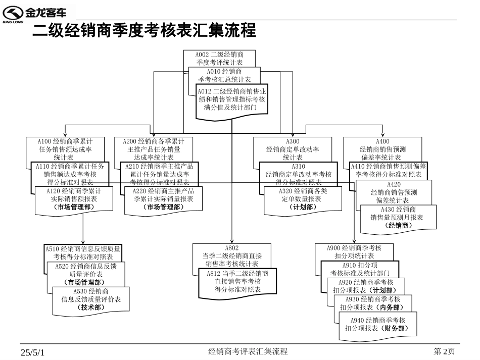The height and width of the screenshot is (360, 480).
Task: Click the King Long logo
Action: (x=38, y=14)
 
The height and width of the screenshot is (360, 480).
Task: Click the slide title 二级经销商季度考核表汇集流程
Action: (x=144, y=31)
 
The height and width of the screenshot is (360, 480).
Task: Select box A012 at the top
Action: (x=232, y=100)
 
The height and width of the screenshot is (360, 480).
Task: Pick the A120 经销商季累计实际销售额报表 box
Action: (x=74, y=199)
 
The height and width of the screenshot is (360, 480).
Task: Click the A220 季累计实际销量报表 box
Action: (x=163, y=199)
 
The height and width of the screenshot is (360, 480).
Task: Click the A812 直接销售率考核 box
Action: (x=237, y=281)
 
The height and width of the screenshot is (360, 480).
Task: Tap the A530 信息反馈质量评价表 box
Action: (x=91, y=299)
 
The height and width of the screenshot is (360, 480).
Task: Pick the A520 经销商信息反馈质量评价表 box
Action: (x=85, y=274)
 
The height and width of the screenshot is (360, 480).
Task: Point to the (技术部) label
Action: (x=91, y=307)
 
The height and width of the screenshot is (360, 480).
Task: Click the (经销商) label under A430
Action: (x=398, y=226)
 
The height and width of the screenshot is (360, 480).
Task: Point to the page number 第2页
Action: (x=445, y=351)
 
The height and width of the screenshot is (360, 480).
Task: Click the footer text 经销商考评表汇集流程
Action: (x=248, y=351)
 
